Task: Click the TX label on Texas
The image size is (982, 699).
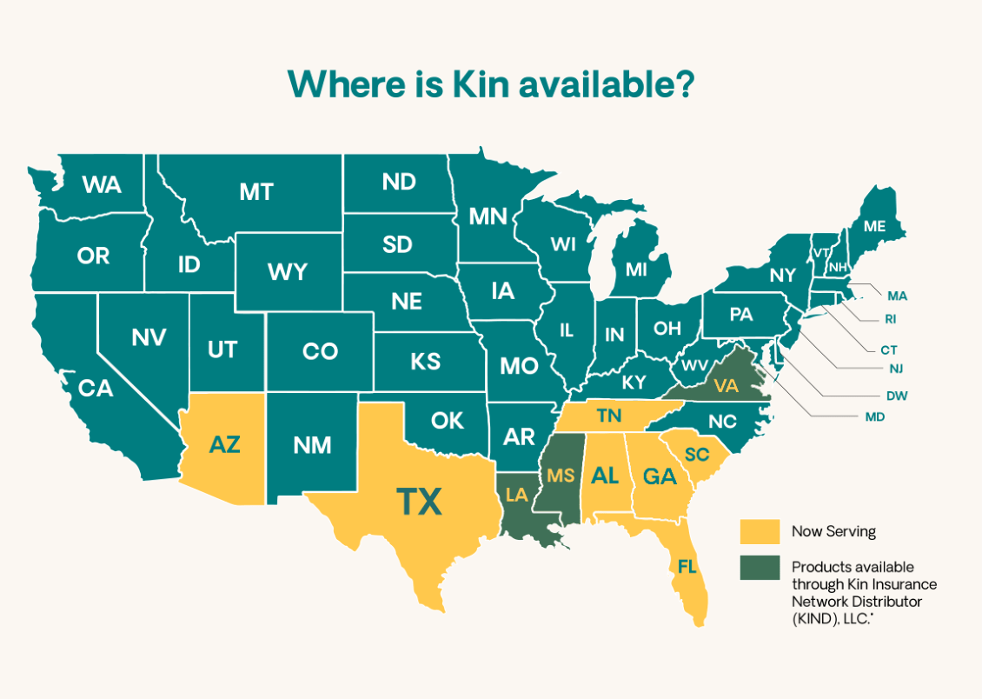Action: pyautogui.click(x=419, y=503)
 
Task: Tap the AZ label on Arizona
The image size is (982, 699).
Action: pyautogui.click(x=224, y=445)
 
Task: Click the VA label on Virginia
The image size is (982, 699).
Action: pyautogui.click(x=725, y=386)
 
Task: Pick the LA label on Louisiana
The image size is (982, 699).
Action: pyautogui.click(x=517, y=495)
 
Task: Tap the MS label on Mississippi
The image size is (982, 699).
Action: pyautogui.click(x=560, y=476)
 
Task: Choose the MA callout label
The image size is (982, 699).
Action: pyautogui.click(x=897, y=296)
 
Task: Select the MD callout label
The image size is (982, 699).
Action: pyautogui.click(x=874, y=417)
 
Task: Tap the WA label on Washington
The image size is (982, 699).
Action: pyautogui.click(x=102, y=185)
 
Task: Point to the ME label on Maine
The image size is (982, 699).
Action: pyautogui.click(x=873, y=226)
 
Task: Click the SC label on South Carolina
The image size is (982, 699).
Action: pyautogui.click(x=696, y=455)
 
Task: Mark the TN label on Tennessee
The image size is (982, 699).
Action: pyautogui.click(x=608, y=416)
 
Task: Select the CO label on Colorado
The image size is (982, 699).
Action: pyautogui.click(x=320, y=351)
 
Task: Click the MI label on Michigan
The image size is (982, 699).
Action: pyautogui.click(x=636, y=270)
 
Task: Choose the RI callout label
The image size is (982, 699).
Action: pyautogui.click(x=890, y=319)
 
